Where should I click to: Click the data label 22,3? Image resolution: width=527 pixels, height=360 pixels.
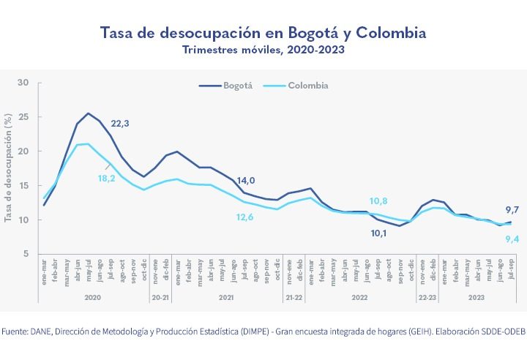[120, 124]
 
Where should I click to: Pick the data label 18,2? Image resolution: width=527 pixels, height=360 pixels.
[107, 178]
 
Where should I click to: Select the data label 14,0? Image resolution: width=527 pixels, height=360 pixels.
[245, 181]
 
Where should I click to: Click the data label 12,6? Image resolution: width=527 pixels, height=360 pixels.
[245, 216]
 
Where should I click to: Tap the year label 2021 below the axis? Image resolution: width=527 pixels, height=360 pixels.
[227, 298]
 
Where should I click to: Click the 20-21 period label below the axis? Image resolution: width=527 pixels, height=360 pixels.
[161, 298]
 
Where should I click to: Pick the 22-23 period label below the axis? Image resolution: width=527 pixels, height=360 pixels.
[427, 298]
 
